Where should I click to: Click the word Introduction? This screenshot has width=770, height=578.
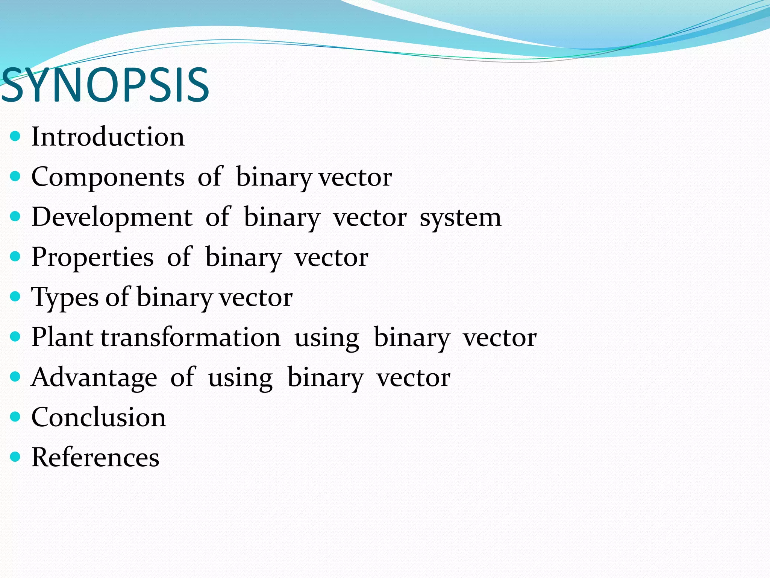108,137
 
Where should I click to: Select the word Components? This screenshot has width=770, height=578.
108,177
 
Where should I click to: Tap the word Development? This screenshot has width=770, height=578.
112,217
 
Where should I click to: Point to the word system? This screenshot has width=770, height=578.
460,218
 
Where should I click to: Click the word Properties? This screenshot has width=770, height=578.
92,257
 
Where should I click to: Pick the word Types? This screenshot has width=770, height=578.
65,298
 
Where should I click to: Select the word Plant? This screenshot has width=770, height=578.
62,337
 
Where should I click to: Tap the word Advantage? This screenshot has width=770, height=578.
94,377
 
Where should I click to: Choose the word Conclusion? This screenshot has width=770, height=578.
99,417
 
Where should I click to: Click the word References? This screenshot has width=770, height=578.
95,458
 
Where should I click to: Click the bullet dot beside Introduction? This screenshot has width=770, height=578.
15,136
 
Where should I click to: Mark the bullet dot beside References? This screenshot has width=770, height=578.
15,457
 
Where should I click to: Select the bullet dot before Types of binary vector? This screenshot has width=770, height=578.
15,297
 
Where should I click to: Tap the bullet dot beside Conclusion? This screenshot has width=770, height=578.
15,417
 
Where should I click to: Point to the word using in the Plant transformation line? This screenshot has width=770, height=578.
327,338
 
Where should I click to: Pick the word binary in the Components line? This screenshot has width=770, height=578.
273,177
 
